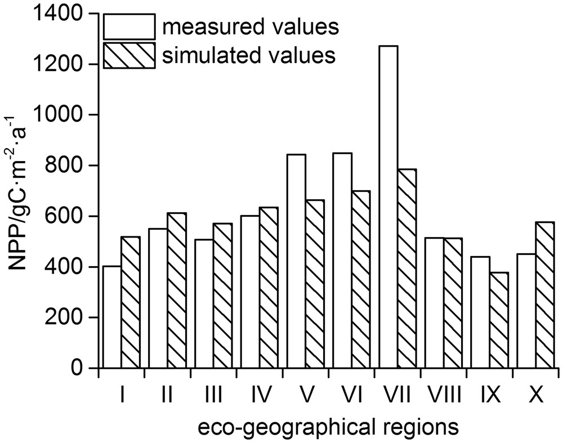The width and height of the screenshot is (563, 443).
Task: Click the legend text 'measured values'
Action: click(x=249, y=26)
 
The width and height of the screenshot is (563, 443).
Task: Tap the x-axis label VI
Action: click(x=351, y=396)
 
